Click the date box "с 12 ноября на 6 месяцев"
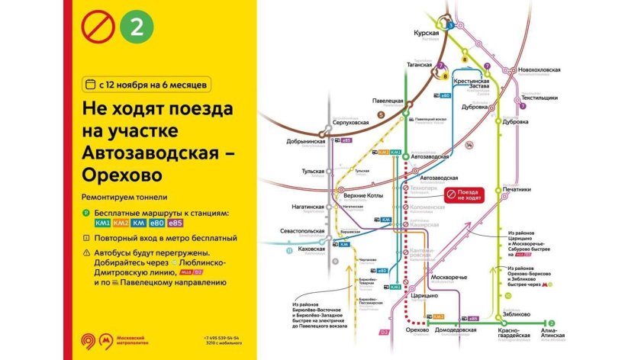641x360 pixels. coord(155,81)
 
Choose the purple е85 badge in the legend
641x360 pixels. coord(175,223)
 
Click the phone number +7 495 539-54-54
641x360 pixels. coord(221,337)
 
